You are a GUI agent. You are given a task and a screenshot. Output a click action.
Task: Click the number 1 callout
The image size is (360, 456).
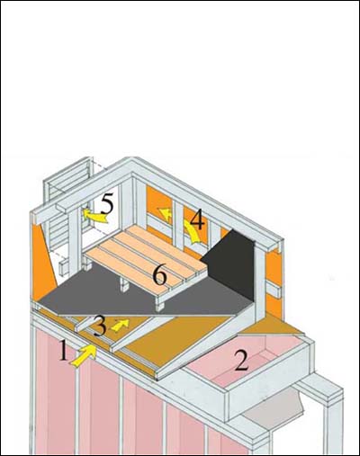pyautogui.click(x=64, y=351)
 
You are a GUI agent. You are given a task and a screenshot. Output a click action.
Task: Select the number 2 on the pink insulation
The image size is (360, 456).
pyautogui.click(x=242, y=360)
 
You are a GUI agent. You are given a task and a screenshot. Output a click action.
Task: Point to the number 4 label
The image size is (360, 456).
pyautogui.click(x=197, y=219)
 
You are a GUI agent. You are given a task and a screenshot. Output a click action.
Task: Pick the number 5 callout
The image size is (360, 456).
pyautogui.click(x=107, y=203)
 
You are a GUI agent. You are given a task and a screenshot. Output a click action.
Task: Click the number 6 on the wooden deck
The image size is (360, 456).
pyautogui.click(x=159, y=274)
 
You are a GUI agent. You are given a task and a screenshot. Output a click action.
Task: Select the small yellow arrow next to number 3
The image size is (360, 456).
pyautogui.click(x=120, y=325)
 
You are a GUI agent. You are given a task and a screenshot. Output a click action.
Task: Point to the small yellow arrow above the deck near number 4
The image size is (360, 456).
pyautogui.click(x=166, y=214)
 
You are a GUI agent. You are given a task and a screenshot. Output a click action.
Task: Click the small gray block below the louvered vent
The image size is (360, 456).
pyautogui.click(x=65, y=267)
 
